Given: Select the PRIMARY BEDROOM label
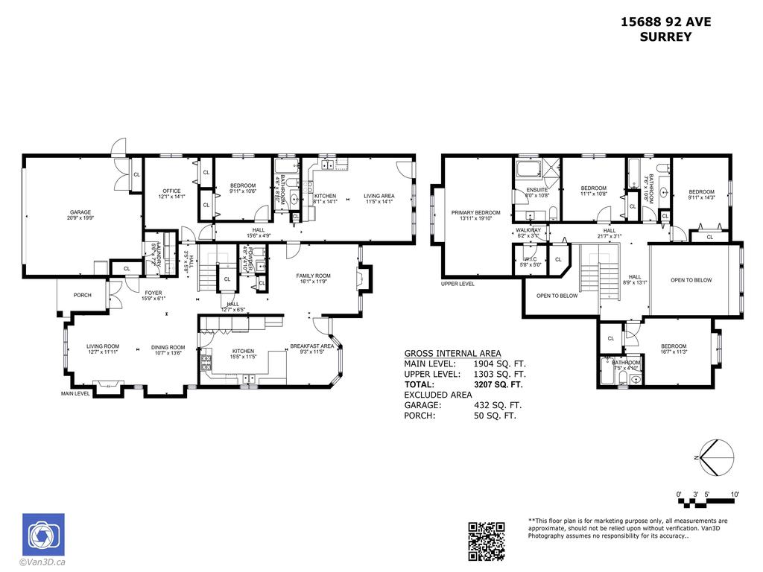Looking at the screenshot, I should click(475, 212).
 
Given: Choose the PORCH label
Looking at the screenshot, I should click(82, 295).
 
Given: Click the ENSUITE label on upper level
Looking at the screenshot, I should click(537, 189).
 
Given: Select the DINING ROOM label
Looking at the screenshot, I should click(168, 347).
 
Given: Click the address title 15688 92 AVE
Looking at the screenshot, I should click(665, 22).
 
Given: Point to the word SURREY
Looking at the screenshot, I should click(665, 36).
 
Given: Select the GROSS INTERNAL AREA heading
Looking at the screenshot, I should click(452, 353).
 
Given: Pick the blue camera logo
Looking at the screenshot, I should click(43, 535).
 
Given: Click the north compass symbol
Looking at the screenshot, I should click(715, 455).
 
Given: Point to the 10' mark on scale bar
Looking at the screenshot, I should click(734, 495).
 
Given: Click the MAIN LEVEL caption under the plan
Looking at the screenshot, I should click(75, 393).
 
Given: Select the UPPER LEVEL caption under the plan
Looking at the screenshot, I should click(458, 284).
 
